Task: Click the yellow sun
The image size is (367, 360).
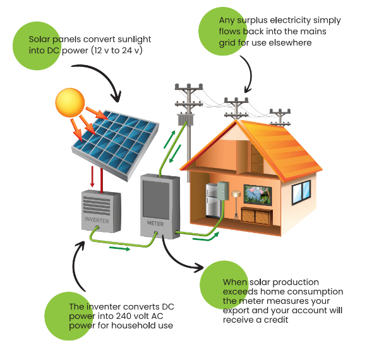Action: pos(70,102)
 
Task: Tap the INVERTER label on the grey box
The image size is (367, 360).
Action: pos(97,220)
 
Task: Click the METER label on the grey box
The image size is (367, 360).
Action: pos(155,224)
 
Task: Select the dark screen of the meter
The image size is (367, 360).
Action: pos(156,200)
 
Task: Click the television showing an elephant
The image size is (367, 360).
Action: pos(258,195)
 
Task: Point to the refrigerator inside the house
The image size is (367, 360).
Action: pos(213,201)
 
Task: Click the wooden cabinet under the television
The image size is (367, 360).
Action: pos(256,216)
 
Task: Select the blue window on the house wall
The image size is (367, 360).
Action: pos(301,193)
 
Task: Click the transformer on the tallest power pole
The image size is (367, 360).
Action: pos(186,119)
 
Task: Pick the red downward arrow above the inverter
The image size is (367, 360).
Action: pos(92,176)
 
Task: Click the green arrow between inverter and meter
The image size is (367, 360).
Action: pos(119,248)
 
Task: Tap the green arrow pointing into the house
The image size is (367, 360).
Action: pos(206,236)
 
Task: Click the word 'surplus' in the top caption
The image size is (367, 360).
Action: pos(252,21)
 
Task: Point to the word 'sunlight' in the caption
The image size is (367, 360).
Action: pos(135,40)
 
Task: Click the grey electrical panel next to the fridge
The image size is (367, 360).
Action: pos(223,191)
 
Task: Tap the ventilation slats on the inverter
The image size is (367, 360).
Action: pos(97,205)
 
